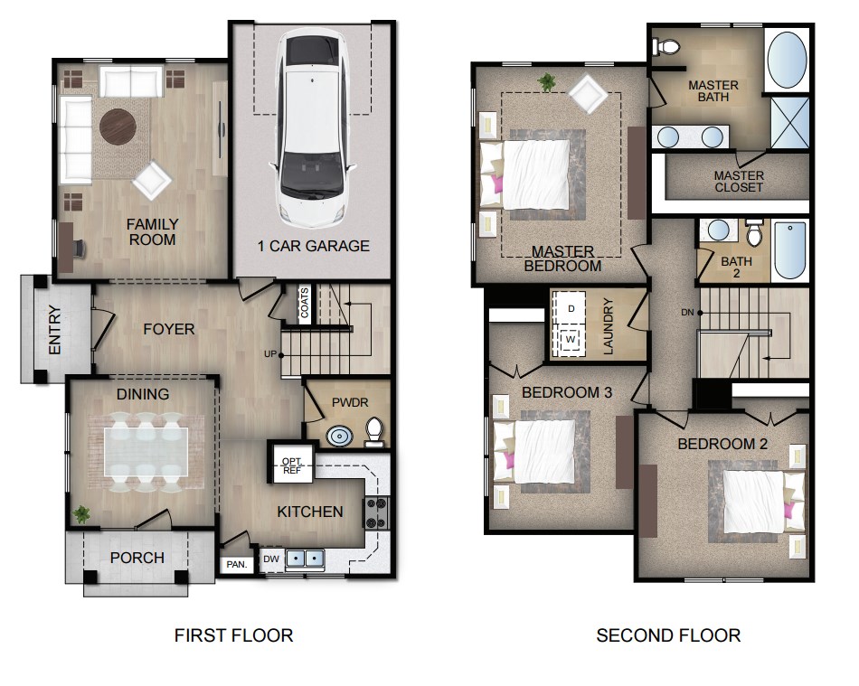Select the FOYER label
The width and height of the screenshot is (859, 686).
168,329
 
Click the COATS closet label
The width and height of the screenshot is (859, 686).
304,303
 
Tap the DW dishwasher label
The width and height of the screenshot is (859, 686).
270,559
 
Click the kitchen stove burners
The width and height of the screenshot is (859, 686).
375,513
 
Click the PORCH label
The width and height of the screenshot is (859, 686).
137,558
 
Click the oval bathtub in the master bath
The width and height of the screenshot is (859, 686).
787,60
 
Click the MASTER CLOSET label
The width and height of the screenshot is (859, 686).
739,181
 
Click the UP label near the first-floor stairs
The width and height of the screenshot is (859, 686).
270,353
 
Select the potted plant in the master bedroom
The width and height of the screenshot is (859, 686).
546,83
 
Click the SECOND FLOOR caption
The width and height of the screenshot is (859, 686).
668,635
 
